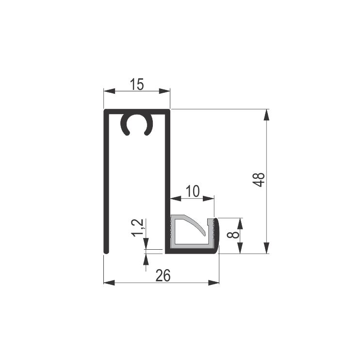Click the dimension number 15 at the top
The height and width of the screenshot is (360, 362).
click(x=137, y=84)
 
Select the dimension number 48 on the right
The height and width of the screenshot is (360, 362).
click(x=259, y=180)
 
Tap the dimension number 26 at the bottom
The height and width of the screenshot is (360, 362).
click(x=163, y=275)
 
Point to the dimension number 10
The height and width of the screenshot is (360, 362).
click(x=193, y=191)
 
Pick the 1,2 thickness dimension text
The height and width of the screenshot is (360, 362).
click(x=138, y=228)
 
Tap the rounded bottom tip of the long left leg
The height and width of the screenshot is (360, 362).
click(x=106, y=252)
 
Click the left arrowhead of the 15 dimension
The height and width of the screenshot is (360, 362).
click(x=109, y=91)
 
